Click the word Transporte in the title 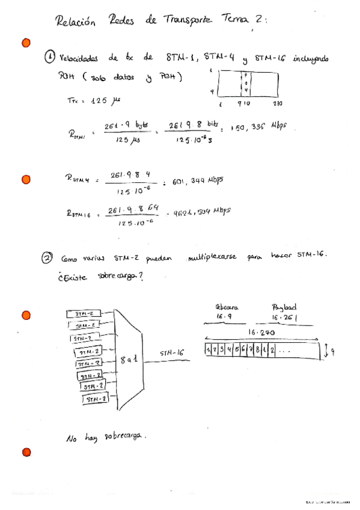[x=187, y=20]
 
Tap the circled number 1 [x=51, y=58]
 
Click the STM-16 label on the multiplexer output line [x=171, y=353]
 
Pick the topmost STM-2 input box [x=83, y=314]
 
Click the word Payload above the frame [x=284, y=306]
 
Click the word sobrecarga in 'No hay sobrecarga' [x=126, y=436]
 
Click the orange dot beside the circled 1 [x=26, y=43]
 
